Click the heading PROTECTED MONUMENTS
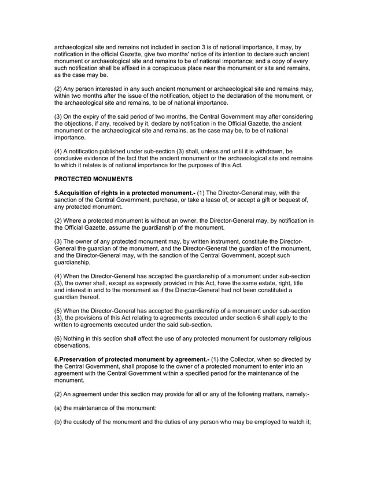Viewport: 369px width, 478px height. click(94, 179)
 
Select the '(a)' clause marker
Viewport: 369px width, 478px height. click(58, 414)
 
